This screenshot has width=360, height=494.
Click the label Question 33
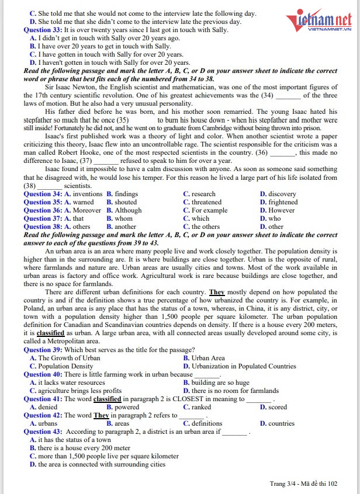[x=43, y=30]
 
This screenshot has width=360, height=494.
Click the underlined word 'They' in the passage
[x=217, y=292]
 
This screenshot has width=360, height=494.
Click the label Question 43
[x=43, y=432]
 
